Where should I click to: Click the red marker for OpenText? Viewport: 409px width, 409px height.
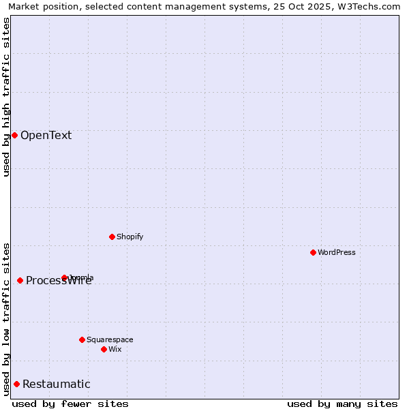tap(14, 135)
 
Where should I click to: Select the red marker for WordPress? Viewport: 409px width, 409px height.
tap(313, 252)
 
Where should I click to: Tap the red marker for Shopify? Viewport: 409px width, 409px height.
tap(112, 237)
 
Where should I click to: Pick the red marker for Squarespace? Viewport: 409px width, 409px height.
tap(82, 339)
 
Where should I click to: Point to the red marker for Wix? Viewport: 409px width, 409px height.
tap(104, 349)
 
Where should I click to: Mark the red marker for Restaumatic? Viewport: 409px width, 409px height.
tap(16, 384)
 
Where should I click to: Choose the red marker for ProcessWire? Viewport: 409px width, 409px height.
tap(20, 280)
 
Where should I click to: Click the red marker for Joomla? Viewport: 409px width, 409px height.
tap(64, 277)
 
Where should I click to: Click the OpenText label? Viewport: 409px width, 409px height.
tap(46, 135)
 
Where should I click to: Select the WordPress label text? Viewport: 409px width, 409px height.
tap(337, 252)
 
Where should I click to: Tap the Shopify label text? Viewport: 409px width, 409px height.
tap(130, 237)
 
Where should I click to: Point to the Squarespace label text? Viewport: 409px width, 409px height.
tap(110, 339)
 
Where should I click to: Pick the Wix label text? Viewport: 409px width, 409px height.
tap(115, 349)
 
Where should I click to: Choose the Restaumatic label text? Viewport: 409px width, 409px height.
tap(56, 384)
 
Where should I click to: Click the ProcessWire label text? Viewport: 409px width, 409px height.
tap(59, 281)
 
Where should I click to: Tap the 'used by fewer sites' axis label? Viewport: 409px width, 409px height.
tap(70, 404)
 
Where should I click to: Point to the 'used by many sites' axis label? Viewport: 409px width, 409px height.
tap(342, 404)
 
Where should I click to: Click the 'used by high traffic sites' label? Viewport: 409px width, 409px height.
tap(6, 97)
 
